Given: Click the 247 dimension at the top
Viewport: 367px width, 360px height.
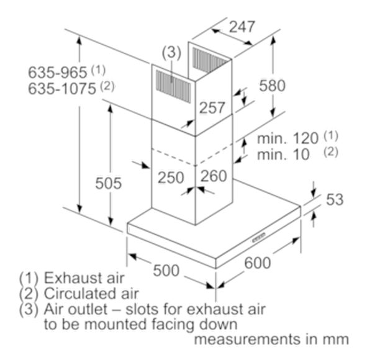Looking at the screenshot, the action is point(242,27).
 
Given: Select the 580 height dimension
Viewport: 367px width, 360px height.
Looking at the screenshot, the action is point(272,86).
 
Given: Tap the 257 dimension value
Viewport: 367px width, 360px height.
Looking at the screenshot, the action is point(212,108).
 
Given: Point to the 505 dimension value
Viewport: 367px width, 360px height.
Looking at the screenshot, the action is point(109,183).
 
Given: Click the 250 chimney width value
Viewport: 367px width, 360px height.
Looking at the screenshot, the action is point(171,178).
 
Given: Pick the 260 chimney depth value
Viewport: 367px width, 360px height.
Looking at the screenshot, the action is point(214,176).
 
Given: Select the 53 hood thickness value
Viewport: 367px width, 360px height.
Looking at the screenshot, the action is point(335,199).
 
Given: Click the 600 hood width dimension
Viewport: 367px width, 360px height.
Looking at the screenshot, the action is point(258,263).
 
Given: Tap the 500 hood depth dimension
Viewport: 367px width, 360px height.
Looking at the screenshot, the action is point(166,271).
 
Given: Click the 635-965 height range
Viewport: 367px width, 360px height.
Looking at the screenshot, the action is point(58,72).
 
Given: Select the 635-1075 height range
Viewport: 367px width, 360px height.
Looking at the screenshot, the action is point(62,89).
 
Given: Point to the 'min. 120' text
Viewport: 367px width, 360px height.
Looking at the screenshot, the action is point(288,138).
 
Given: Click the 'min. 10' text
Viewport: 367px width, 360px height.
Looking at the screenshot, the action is point(283,155).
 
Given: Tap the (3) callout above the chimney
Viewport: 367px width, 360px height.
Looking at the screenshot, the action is point(171,52).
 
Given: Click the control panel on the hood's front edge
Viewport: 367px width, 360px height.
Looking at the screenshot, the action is point(258,238).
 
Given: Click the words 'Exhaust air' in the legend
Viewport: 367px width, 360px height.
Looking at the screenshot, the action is point(84,278).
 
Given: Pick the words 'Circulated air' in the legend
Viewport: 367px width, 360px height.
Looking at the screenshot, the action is point(91,294).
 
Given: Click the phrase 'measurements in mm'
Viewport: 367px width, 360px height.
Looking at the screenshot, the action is point(271,339).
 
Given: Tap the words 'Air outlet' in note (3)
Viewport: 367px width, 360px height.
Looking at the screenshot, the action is point(76,308).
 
